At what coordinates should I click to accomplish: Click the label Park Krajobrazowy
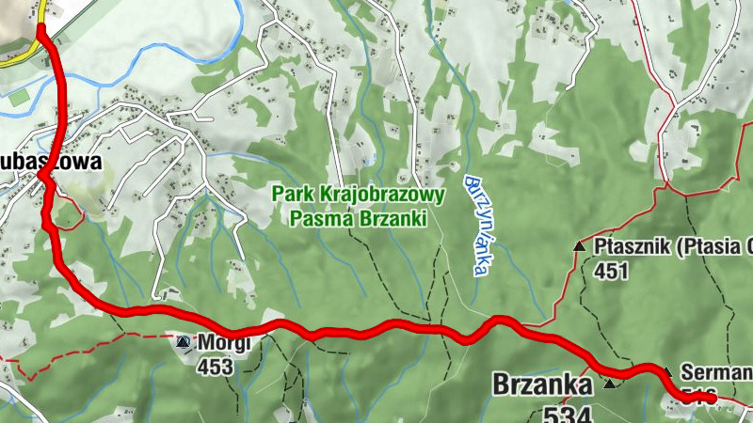tap(359, 195)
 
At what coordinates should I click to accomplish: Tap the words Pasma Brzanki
tap(359, 218)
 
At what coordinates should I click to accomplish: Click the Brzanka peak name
tap(541, 384)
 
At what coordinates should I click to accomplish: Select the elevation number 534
tap(568, 413)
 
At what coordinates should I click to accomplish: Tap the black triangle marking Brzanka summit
tap(610, 384)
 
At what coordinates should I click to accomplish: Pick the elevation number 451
tap(611, 271)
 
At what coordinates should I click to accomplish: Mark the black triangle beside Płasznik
tap(579, 246)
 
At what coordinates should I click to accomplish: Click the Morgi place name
tap(223, 343)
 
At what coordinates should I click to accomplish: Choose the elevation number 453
tap(215, 367)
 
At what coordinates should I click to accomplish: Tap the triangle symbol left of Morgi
tap(182, 342)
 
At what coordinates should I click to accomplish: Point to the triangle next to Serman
tap(666, 371)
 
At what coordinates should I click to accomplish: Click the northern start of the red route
tap(42, 30)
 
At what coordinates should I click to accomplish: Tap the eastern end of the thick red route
tap(712, 399)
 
